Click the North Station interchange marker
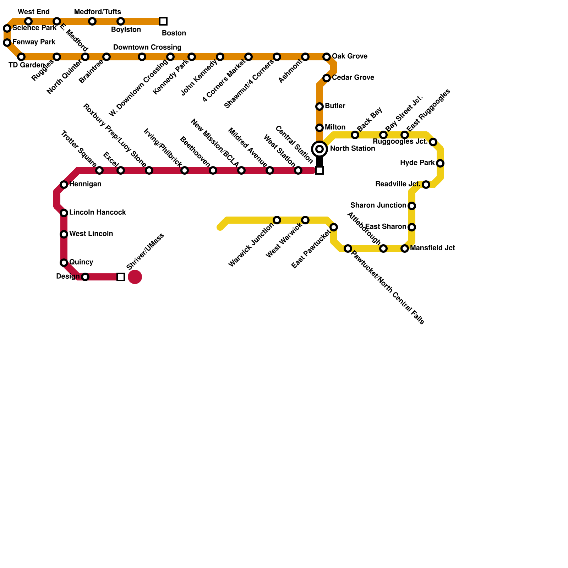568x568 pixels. (x=319, y=149)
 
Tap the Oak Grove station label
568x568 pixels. (x=349, y=56)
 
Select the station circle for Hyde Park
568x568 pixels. (x=440, y=163)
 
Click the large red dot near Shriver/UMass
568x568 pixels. (x=135, y=277)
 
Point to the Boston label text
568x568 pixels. (x=174, y=33)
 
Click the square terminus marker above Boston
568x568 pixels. (x=163, y=21)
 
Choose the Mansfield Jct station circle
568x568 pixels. (x=405, y=248)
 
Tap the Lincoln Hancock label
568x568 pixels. (x=97, y=213)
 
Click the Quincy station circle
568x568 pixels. (x=64, y=263)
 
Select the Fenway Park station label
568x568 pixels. (x=34, y=42)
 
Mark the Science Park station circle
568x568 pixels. (x=7, y=28)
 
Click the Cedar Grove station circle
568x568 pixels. (x=327, y=78)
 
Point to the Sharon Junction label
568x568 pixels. (x=378, y=206)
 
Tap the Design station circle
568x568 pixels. (x=85, y=277)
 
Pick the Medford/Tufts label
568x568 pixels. (x=97, y=12)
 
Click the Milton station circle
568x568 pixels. (x=319, y=128)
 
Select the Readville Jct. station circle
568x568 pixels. (x=426, y=185)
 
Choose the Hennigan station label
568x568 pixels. (x=85, y=184)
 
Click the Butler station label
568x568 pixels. (x=335, y=106)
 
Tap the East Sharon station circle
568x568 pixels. (x=412, y=227)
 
